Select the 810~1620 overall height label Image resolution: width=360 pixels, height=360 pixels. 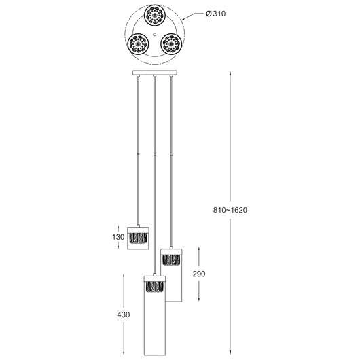pos(230,210)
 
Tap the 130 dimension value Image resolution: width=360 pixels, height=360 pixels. pos(118,238)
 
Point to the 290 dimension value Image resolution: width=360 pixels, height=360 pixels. pos(198,274)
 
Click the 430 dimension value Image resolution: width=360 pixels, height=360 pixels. pos(123,316)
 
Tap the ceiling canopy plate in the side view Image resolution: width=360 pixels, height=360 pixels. pos(155,73)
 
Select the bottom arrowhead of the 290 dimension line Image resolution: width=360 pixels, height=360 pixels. pos(198,300)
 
